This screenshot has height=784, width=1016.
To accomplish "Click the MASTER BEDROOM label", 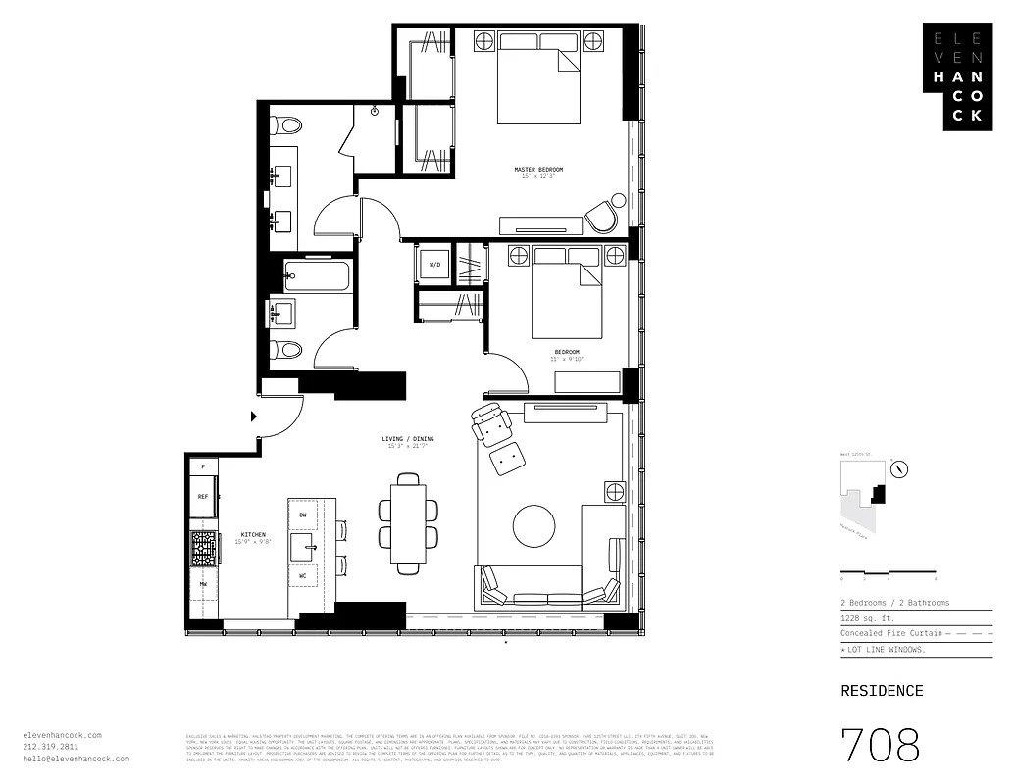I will point(538,170).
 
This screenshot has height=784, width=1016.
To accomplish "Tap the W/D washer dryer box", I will point(434,265).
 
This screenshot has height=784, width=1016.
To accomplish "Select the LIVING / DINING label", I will point(408,438).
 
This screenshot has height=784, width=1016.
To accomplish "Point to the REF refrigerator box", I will point(203,497).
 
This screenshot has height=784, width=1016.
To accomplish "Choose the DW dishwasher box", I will point(303,514).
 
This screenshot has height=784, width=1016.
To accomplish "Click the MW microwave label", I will point(203,584).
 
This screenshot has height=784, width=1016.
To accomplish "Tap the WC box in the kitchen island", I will point(303,576).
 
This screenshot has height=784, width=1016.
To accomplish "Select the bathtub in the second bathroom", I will point(316,275).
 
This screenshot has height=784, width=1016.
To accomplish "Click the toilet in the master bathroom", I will point(286,125).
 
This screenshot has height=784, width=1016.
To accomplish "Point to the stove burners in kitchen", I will point(203,548).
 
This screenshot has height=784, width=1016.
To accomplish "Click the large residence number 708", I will point(880,746).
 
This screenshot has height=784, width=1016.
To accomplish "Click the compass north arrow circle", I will point(899,469).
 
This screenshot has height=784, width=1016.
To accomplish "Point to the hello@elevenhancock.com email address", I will point(76,759).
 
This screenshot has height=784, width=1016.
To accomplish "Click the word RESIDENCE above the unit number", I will point(882,691).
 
